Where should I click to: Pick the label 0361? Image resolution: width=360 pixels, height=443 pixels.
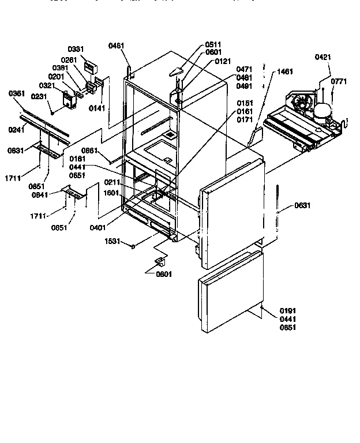17,93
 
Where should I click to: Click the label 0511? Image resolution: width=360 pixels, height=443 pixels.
213,44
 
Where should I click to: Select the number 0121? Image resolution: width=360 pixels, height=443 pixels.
223,61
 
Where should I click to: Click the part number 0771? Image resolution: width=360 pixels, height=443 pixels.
339,81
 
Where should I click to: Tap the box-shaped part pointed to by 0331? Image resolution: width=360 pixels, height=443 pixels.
91,67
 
